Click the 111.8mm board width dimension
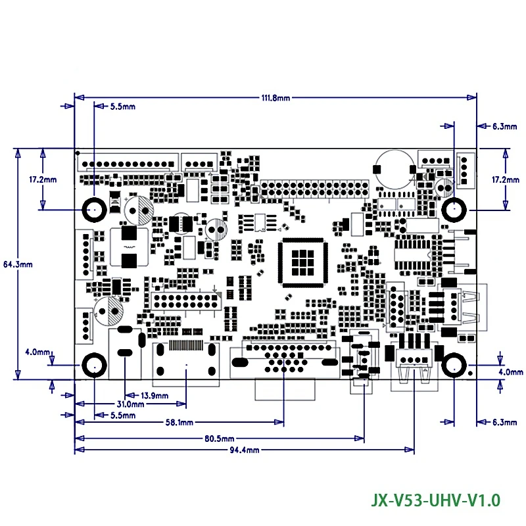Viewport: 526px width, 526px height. (275, 98)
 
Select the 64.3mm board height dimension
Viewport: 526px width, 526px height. (18, 264)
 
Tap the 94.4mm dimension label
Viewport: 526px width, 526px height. (245, 450)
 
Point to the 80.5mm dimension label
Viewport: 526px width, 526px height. (220, 439)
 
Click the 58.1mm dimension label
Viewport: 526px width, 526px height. (179, 422)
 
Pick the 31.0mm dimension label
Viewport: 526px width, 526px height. (130, 404)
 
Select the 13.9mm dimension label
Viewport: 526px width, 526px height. (155, 396)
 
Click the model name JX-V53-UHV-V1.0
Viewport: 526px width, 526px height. (435, 500)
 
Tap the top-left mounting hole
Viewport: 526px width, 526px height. (95, 210)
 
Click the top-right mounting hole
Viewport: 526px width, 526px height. (454, 210)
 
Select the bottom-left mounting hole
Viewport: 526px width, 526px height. (95, 365)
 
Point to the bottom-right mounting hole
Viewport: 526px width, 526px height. (454, 365)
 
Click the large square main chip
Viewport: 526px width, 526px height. (303, 262)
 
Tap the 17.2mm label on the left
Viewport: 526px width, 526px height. (43, 179)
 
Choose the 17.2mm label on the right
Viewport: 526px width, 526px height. (506, 179)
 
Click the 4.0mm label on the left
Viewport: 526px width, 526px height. (37, 352)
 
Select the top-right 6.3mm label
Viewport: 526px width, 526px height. (504, 126)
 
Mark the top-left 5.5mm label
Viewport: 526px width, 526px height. (123, 107)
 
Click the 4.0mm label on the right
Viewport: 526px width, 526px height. (511, 371)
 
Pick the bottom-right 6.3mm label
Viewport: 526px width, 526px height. (504, 422)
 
